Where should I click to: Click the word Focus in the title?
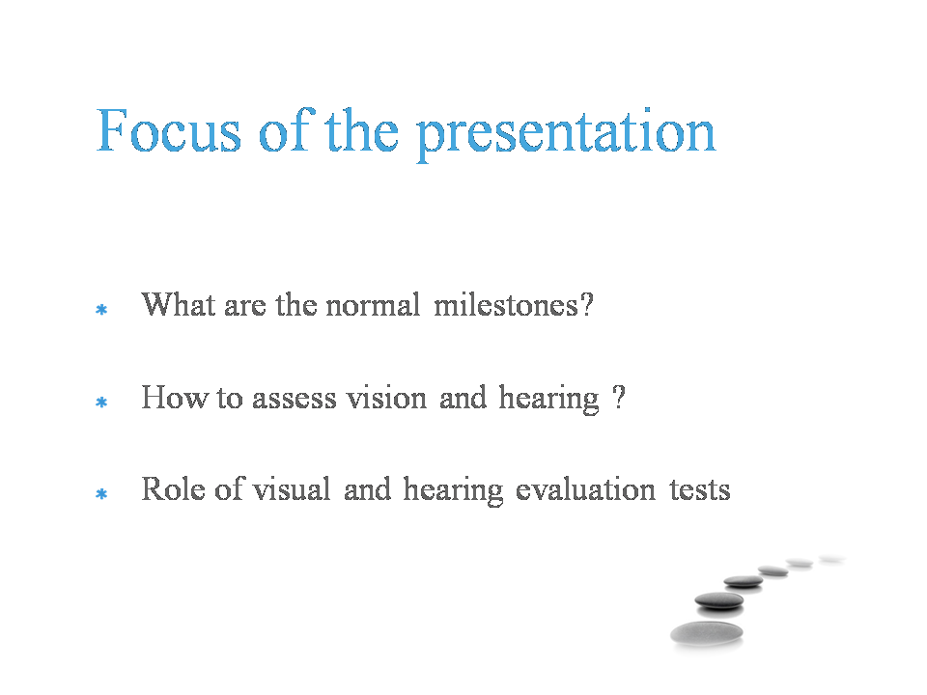tap(169, 130)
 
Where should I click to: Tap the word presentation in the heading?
tap(567, 134)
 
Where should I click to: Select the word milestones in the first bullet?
tap(513, 305)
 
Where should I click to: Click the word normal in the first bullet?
tap(373, 305)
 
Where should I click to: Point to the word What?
tap(178, 305)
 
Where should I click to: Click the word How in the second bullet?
tap(175, 397)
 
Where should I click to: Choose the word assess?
tap(295, 399)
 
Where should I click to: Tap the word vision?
tap(386, 397)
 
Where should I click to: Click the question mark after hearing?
tap(618, 397)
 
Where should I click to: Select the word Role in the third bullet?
tap(173, 489)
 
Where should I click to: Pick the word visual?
tap(292, 489)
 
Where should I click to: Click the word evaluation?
tap(585, 489)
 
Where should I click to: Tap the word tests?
tap(700, 490)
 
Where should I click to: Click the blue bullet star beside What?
tap(101, 309)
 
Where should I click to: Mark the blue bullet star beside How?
tap(101, 402)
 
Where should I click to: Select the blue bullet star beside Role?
tap(101, 493)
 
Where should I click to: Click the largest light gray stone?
tap(707, 633)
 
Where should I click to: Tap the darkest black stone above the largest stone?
tap(718, 600)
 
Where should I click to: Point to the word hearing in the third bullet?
tap(454, 491)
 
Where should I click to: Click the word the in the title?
tap(362, 130)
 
